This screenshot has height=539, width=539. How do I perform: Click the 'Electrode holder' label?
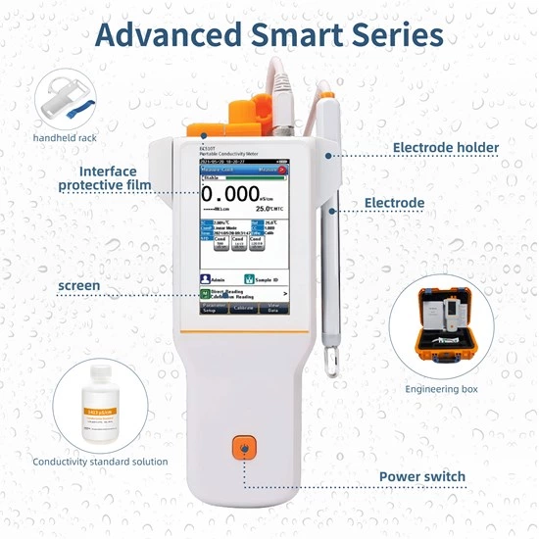click(x=446, y=148)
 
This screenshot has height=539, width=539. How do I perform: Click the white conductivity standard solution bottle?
click(x=105, y=403)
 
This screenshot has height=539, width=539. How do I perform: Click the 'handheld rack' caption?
click(x=64, y=138)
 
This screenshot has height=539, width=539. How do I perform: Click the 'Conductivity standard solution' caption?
click(x=100, y=461)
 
